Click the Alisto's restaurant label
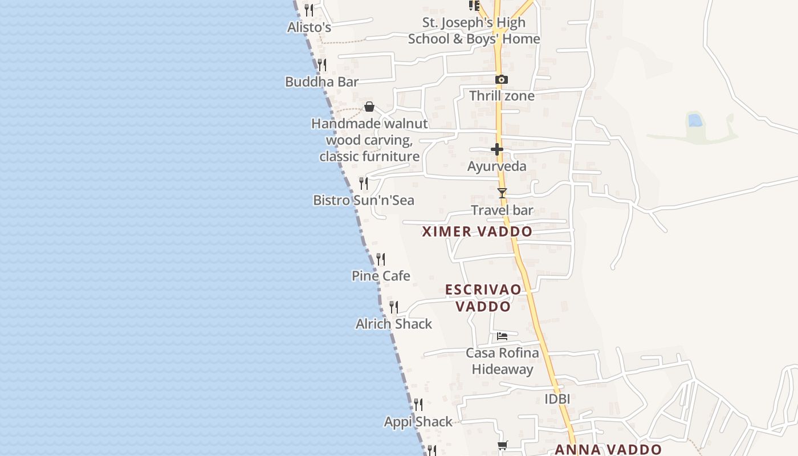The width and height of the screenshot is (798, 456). pos(309,27)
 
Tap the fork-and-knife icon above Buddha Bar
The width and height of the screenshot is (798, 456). pos(322,64)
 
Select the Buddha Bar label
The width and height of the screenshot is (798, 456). pos(321,82)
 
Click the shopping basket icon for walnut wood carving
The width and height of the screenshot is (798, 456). pos(369,107)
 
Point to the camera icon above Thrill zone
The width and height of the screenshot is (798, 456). pos(502,80)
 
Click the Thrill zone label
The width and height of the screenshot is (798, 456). pos(502,96)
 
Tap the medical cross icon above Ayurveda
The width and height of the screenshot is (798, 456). pos(497,150)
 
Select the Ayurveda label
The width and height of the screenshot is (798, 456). pos(496,166)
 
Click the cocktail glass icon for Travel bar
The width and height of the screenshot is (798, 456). pos(502,193)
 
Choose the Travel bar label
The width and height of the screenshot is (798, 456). pos(502,210)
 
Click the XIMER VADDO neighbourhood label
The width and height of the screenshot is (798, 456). pos(477,231)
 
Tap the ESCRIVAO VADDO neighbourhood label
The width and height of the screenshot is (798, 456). pos(483,298)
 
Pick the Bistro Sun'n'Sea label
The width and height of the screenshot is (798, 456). pos(364,200)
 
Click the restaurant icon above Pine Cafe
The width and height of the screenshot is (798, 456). pos(381,259)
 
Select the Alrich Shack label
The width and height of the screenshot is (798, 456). pos(394,324)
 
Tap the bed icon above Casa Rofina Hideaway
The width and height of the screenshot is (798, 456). pos(502,336)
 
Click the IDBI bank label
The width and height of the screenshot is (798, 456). pos(557,399)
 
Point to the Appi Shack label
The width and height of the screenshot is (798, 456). pos(418,422)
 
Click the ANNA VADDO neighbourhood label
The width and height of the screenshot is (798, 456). pos(608,449)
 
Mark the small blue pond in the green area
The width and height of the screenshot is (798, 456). pos(695,120)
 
